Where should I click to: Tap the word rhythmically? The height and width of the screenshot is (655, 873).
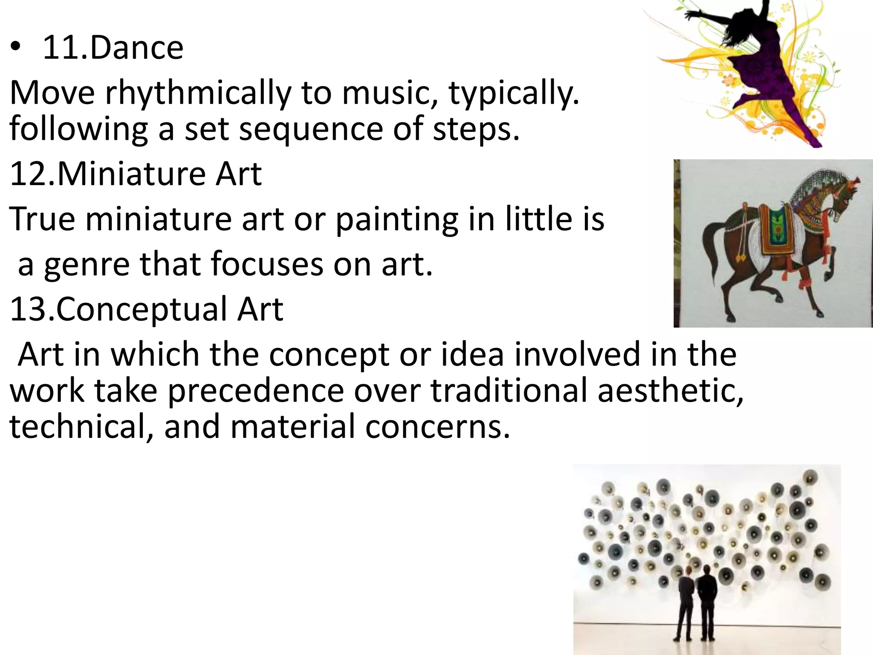(198, 93)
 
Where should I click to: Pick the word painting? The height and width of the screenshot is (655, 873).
(396, 220)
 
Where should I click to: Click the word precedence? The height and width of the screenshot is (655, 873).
(256, 391)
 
